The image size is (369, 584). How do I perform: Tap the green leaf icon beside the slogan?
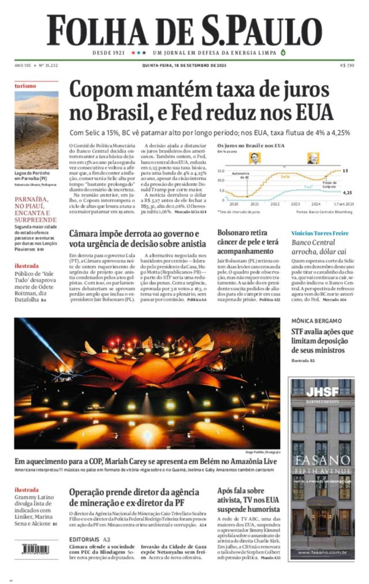pos(283,53)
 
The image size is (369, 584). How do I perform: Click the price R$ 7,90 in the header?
pos(347,66)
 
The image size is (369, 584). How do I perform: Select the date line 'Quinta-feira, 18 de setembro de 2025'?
pos(184,66)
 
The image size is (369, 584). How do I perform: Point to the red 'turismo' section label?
pos(25,86)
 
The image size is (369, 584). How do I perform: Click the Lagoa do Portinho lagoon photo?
pos(36,130)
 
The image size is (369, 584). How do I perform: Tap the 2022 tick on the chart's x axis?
pos(275,204)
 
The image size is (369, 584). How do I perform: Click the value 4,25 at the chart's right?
pos(347,193)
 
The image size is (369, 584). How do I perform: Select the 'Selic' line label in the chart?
pos(285,177)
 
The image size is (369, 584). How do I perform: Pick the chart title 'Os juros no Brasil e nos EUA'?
pos(251,146)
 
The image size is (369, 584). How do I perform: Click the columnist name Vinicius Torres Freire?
pos(320,233)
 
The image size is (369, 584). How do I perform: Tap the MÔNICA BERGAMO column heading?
pos(316,321)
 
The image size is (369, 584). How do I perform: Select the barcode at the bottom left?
pos(35,549)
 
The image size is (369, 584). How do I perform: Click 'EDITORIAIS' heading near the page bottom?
pos(84,539)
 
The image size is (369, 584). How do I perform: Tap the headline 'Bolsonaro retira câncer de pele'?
pos(248,242)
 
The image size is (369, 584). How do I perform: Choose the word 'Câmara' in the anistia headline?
pos(84,234)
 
